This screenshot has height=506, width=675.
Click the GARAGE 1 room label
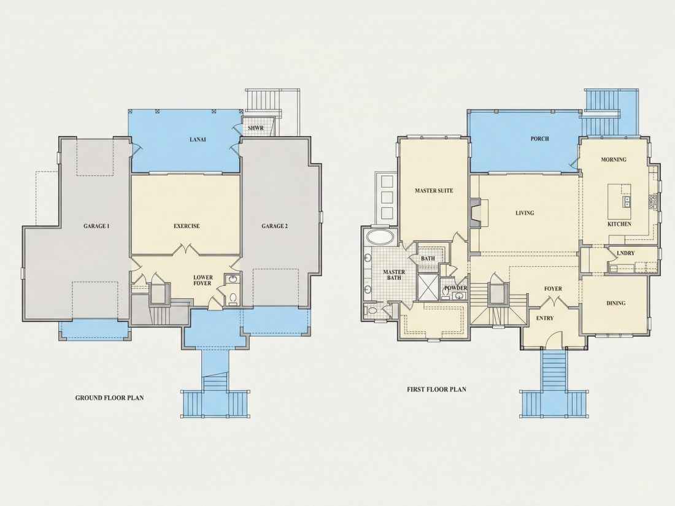96,226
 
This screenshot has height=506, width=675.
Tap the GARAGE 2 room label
275,226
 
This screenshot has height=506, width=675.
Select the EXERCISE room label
187,226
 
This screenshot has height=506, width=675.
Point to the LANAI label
198,139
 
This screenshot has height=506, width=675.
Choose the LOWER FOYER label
202,280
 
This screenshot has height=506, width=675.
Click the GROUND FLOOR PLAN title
109,397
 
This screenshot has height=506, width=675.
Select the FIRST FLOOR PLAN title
436,389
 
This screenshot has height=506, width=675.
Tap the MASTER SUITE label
434,190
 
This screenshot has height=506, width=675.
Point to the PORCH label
539,139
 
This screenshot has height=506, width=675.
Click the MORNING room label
614,159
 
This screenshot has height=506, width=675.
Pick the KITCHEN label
620,224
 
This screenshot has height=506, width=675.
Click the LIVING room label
525,213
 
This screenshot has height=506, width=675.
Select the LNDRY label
625,253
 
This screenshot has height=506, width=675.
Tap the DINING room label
616,303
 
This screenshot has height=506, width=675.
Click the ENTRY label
544,318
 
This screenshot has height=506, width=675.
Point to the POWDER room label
456,288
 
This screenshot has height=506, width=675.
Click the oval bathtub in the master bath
380,237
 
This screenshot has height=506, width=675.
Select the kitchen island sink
627,201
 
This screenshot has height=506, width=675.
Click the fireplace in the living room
476,213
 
